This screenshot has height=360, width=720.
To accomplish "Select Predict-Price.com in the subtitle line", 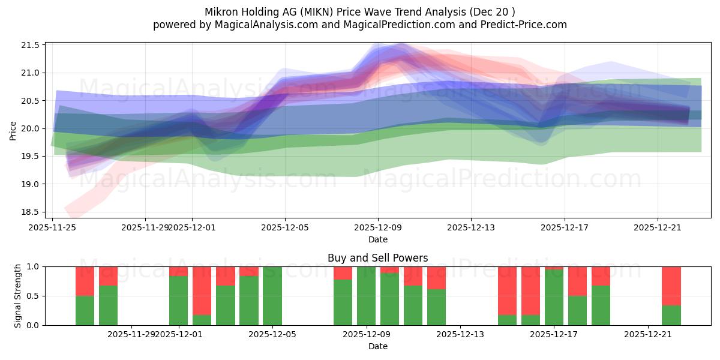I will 526,25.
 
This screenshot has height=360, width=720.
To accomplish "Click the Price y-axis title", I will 13,130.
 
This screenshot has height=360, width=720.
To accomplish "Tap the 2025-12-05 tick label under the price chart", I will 285,227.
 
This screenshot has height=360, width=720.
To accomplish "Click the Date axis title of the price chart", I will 377,239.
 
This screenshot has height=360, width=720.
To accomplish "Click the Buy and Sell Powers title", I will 377,258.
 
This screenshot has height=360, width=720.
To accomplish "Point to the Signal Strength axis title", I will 18,296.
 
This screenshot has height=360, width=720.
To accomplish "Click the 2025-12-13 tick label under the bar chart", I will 460,334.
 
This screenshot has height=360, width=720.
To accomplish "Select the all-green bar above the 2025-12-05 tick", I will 272,296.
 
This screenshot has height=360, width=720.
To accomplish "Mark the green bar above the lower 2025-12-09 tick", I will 366,296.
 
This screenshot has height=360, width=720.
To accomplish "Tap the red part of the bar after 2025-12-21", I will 671,286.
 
